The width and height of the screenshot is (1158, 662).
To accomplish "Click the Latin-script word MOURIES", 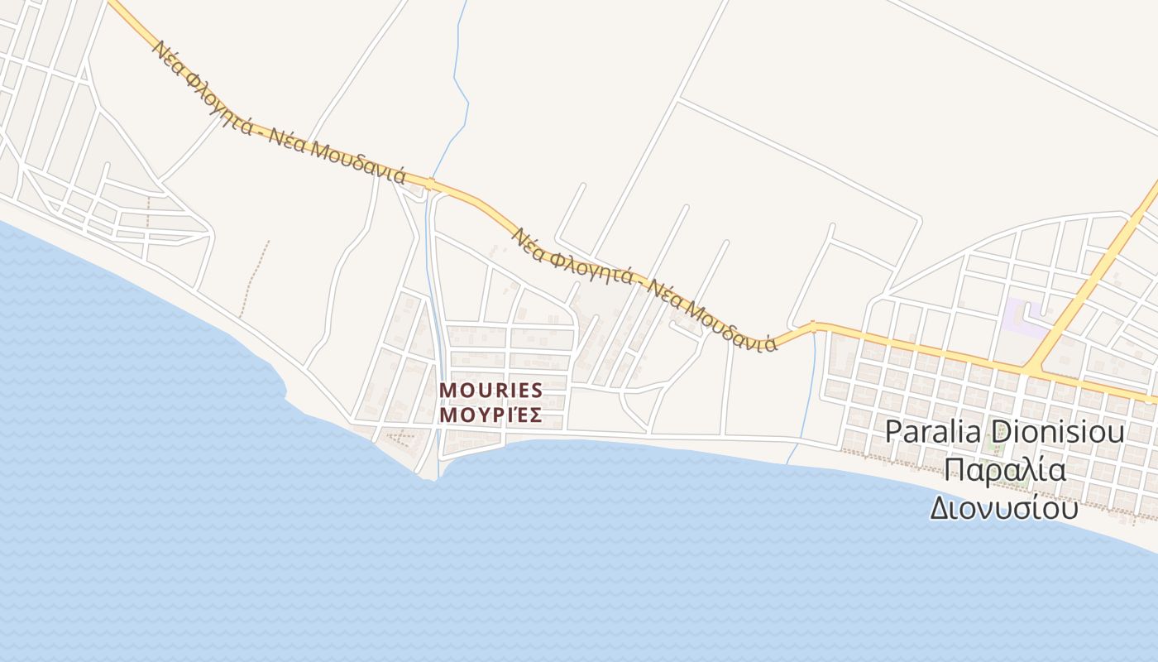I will tap(490, 390).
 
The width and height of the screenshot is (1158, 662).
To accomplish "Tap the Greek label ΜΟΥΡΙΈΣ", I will tap(490, 415).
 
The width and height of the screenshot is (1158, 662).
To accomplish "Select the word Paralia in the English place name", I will tap(933, 432).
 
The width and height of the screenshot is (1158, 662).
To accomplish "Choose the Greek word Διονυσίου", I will tap(1004, 507).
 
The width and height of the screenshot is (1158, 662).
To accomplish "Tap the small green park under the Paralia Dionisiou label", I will tap(998, 448).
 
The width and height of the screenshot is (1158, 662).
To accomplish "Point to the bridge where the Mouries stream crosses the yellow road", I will tap(431, 184).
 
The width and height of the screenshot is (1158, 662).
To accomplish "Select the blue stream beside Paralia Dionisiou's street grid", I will tap(810, 389).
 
